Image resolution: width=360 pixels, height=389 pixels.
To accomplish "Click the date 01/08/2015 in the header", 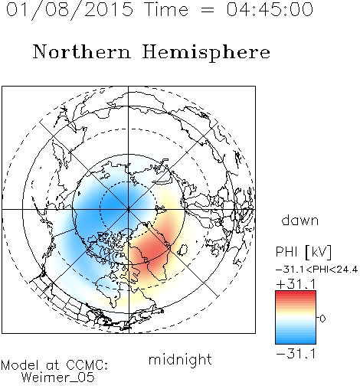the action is pyautogui.click(x=70, y=9).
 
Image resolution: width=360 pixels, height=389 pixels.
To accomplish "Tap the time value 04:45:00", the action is pyautogui.click(x=270, y=9).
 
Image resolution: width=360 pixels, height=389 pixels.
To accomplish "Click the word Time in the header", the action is pyautogui.click(x=166, y=9).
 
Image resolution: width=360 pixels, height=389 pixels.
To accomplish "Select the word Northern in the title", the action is pyautogui.click(x=82, y=51).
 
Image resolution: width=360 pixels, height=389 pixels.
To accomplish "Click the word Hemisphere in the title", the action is pyautogui.click(x=206, y=53).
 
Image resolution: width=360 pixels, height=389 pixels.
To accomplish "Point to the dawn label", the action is pyautogui.click(x=300, y=220).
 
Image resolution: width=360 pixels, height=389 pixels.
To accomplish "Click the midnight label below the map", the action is pyautogui.click(x=180, y=359).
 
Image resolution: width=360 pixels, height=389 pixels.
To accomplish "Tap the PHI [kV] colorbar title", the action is pyautogui.click(x=303, y=252).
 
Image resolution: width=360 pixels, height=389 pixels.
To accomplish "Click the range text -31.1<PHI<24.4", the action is pyautogui.click(x=317, y=270).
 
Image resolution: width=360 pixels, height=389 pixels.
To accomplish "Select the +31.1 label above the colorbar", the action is pyautogui.click(x=296, y=284).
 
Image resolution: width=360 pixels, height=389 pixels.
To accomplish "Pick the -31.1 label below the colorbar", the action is pyautogui.click(x=296, y=354).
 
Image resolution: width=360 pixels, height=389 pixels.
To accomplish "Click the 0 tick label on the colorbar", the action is pyautogui.click(x=322, y=319).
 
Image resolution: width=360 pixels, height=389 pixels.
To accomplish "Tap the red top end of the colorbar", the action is pyautogui.click(x=296, y=293).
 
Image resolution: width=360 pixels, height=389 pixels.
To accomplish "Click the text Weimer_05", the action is pyautogui.click(x=58, y=378).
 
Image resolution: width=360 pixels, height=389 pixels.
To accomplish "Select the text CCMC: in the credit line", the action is pyautogui.click(x=87, y=365).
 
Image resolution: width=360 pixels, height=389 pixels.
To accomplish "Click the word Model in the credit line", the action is pyautogui.click(x=20, y=365).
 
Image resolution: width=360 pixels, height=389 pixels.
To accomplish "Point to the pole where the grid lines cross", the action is pyautogui.click(x=129, y=209).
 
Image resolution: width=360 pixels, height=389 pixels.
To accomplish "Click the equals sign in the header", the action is pyautogui.click(x=208, y=10).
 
